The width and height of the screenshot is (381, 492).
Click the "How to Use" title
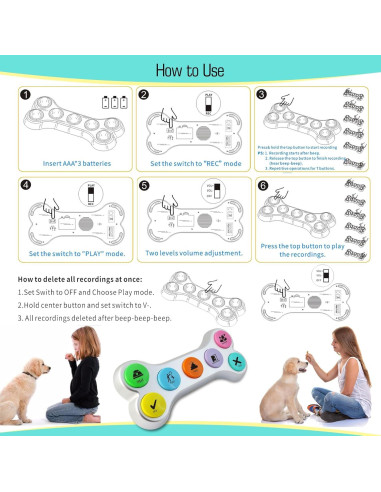[190, 70]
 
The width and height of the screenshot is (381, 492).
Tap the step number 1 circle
[25, 95]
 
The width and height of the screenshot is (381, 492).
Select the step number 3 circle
[261, 95]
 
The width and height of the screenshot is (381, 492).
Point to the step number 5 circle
[143, 186]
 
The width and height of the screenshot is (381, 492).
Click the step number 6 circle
[262, 186]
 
